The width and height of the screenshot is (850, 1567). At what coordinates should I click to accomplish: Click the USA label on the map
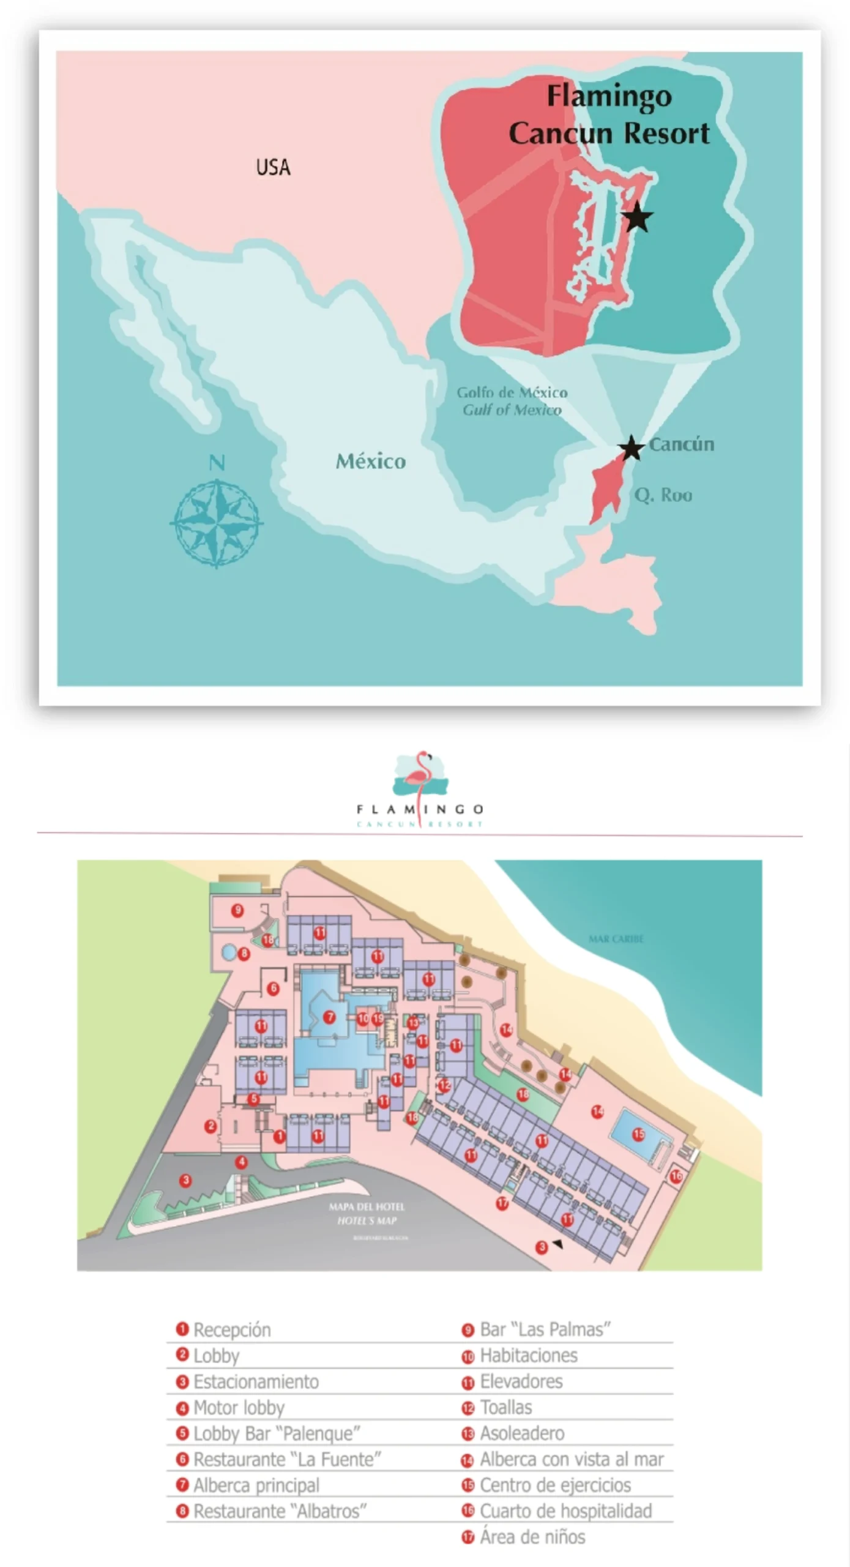[273, 167]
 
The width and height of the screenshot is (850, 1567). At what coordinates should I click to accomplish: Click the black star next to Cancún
[631, 448]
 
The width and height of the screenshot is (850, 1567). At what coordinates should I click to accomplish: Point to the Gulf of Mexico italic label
[512, 410]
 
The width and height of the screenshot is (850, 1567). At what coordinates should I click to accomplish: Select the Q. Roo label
[663, 495]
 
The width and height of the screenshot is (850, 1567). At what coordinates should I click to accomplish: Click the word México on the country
[370, 461]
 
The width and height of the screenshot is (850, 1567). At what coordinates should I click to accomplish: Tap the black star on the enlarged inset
[637, 217]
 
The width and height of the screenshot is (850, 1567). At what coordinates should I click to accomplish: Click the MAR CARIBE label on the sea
[616, 938]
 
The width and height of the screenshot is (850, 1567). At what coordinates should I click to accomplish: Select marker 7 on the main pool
[329, 1017]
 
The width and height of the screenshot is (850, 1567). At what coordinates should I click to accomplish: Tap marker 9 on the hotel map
[237, 910]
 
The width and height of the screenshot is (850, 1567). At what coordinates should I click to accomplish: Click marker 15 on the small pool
[638, 1134]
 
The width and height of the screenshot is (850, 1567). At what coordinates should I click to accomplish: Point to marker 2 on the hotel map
[211, 1126]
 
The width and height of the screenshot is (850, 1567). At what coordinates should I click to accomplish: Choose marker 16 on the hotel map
[676, 1176]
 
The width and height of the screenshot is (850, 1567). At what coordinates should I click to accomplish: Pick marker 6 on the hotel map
[273, 988]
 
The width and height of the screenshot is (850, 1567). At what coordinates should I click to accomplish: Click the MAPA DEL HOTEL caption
[367, 1206]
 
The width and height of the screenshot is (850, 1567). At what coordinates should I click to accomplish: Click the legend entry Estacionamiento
[255, 1382]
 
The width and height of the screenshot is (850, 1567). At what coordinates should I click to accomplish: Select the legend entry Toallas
[505, 1407]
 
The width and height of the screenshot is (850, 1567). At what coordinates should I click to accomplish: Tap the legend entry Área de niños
[532, 1536]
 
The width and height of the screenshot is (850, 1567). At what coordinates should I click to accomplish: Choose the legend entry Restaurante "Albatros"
[279, 1511]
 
